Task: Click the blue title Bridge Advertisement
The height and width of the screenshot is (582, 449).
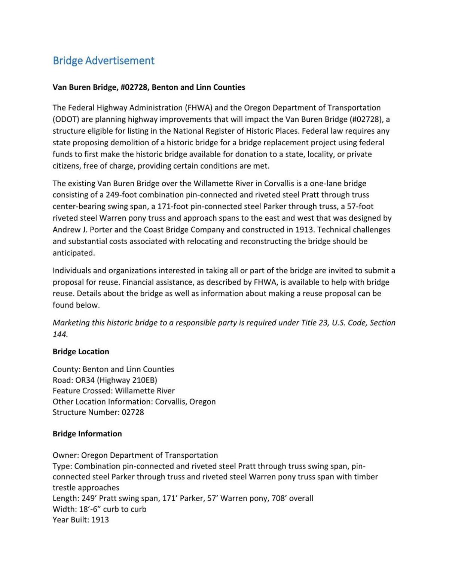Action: (x=103, y=61)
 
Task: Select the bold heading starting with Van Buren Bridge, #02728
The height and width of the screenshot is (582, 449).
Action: (x=149, y=87)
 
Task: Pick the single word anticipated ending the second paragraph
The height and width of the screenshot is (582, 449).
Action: (x=74, y=253)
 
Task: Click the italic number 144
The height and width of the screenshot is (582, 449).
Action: (x=60, y=334)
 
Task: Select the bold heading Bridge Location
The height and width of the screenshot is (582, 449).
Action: (x=81, y=352)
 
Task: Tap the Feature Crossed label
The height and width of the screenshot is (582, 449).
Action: (x=82, y=391)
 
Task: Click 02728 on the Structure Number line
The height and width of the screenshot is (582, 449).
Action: (x=133, y=412)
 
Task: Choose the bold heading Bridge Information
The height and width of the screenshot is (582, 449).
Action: (x=87, y=434)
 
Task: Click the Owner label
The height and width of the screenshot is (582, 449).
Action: (x=65, y=455)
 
